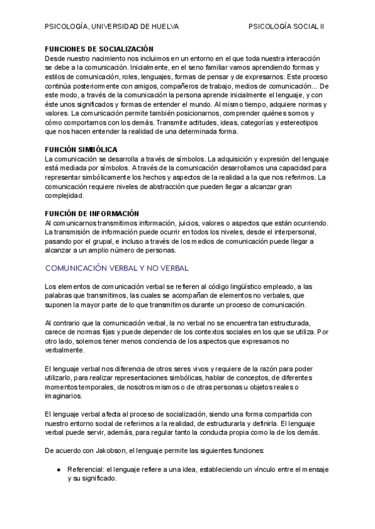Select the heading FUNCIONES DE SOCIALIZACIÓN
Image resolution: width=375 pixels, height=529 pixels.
pos(99,48)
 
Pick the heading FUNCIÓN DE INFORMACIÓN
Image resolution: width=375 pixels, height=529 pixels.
pos(91,213)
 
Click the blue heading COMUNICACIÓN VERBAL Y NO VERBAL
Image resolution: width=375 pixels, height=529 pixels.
pos(117,268)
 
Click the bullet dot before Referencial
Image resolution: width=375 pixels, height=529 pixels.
pos(58,469)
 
